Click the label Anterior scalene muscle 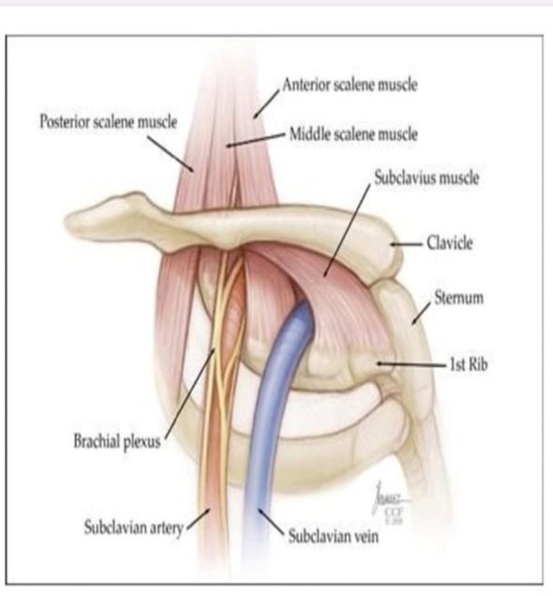coord(350,84)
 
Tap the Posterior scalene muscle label coord(109,122)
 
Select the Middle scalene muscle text coord(353,134)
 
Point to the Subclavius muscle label coord(426,178)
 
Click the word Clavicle coord(450,243)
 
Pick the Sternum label coord(459,298)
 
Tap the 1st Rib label coord(469,364)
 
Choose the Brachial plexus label coord(117,442)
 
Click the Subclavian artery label coord(134,528)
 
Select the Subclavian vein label coord(334,536)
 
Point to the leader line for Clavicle coord(407,244)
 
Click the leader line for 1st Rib coord(411,364)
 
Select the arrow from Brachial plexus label coord(187,394)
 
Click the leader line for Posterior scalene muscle coord(171,154)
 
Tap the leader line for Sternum coord(422,313)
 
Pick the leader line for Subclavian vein coord(271,522)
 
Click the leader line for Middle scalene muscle coord(256,140)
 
